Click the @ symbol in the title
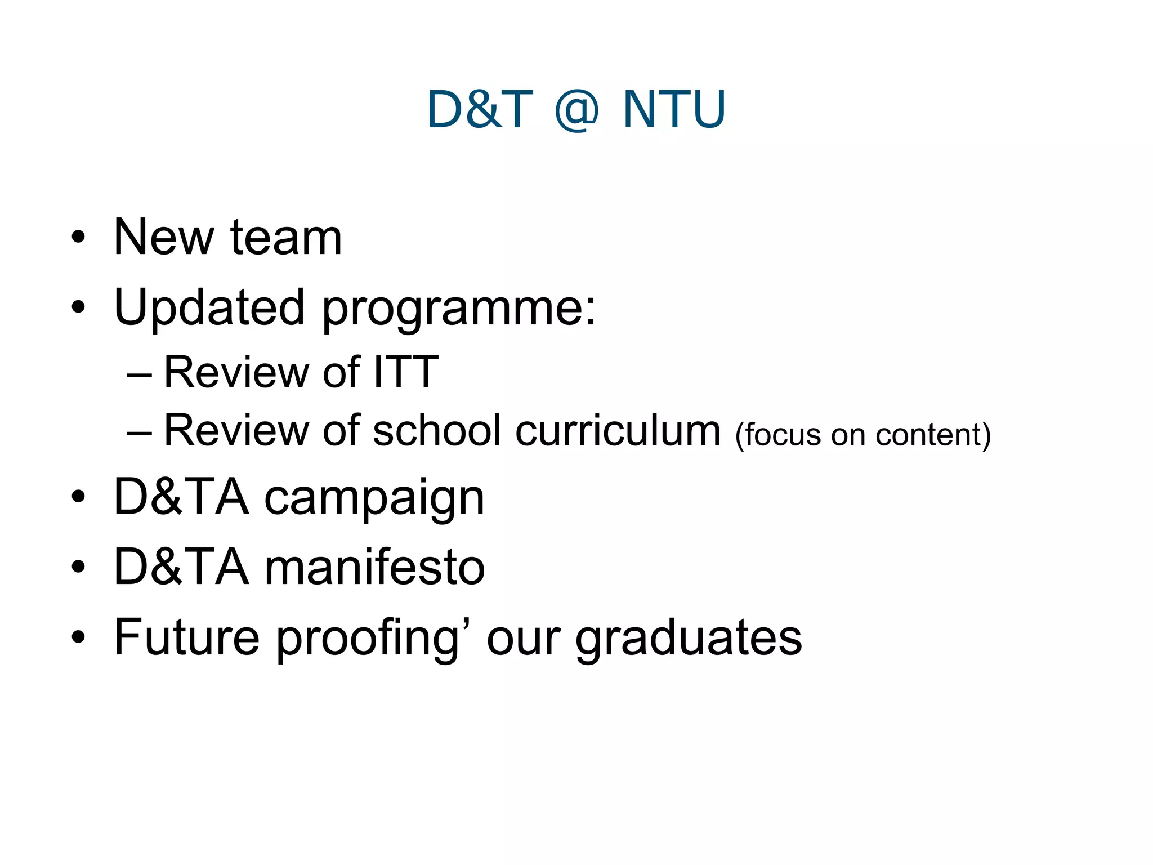coord(576,110)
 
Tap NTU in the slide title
coord(674,109)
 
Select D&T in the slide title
coord(480,109)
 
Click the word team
coord(286,238)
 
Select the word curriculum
coord(618,430)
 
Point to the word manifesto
coord(374,567)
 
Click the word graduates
coord(689,639)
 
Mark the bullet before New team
coord(78,238)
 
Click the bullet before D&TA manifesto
coord(78,567)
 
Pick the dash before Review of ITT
coord(139,373)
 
